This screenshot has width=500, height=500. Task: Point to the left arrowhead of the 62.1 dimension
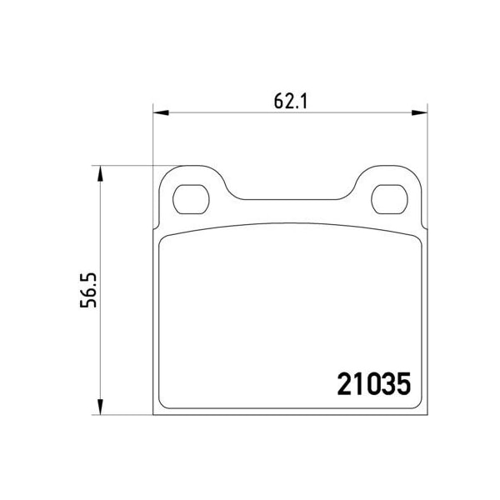[x=159, y=112]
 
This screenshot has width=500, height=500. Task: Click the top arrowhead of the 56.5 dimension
[x=101, y=172]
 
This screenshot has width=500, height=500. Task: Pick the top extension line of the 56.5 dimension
[x=125, y=165]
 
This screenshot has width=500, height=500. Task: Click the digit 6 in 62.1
[x=278, y=101]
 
